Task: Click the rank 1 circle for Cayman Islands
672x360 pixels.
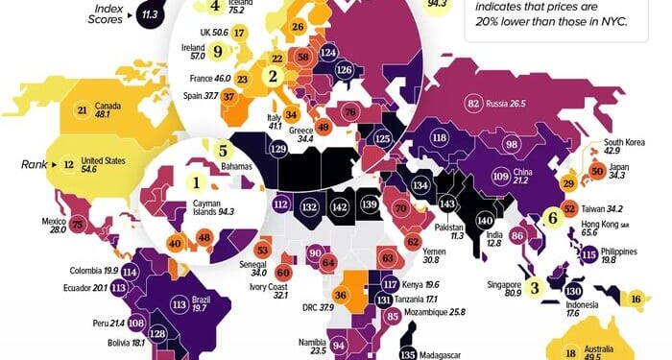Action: coord(197,180)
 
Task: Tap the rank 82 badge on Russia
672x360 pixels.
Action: coord(473,104)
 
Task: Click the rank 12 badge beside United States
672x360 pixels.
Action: coord(69,164)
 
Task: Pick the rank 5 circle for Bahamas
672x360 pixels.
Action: coord(223,150)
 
